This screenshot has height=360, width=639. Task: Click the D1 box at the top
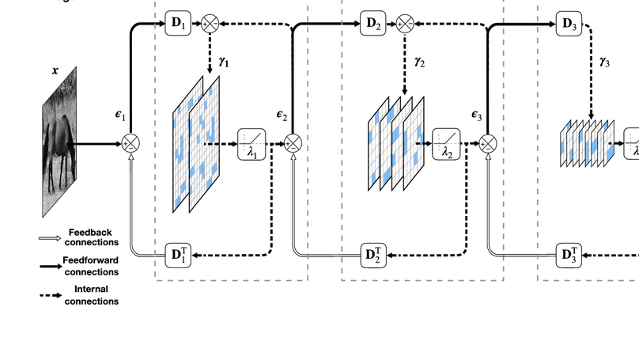177,24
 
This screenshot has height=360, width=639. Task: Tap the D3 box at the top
568,24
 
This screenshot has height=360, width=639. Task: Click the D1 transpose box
177,255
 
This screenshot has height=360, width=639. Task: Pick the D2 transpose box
372,255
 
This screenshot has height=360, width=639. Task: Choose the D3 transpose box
568,255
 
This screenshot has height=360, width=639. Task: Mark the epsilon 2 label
282,115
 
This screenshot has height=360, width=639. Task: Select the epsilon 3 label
477,115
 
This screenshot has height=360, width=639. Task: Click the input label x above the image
55,70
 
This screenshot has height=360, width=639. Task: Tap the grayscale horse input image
59,142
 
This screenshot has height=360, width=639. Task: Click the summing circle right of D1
210,24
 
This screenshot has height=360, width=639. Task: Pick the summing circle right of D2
405,24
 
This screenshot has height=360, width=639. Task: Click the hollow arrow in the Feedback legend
50,237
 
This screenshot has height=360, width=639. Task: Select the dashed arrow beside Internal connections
50,295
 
